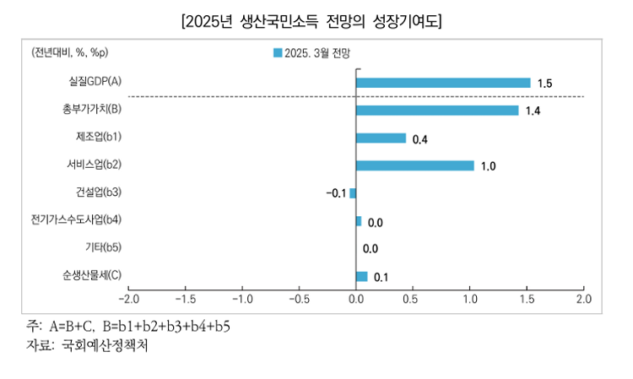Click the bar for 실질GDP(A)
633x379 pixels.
443,83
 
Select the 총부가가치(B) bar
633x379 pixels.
437,111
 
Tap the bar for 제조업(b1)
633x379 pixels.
381,138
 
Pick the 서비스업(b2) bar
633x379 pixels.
415,165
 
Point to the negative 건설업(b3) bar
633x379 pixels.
353,193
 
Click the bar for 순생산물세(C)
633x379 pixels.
362,277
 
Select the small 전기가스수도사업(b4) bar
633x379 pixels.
359,221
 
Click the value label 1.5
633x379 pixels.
544,84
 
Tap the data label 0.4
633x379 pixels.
419,139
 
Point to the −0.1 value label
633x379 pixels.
336,193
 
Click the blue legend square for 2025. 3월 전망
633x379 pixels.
278,53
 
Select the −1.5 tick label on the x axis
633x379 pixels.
186,299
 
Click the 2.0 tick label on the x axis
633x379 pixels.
584,299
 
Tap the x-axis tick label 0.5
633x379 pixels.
413,299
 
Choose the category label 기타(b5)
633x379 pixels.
103,247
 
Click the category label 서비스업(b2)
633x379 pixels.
94,165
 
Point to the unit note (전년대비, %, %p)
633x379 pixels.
70,52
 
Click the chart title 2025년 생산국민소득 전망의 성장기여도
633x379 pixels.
311,21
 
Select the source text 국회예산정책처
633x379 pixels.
105,345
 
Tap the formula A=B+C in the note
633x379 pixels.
72,326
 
